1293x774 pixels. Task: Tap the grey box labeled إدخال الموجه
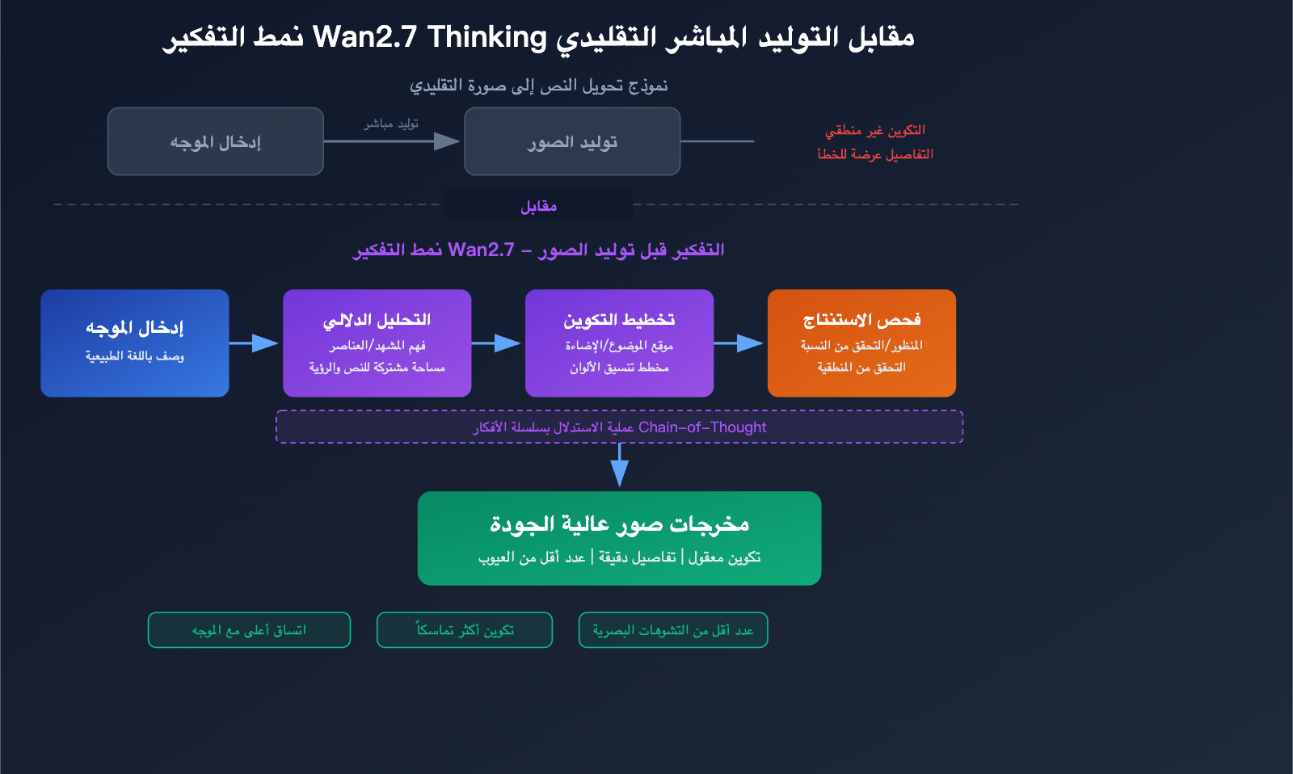click(x=216, y=141)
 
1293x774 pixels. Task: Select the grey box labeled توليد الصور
click(x=572, y=141)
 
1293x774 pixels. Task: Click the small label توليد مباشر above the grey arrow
click(x=391, y=124)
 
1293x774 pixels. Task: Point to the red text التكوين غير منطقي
click(x=874, y=130)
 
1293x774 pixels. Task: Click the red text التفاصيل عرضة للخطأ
click(x=874, y=154)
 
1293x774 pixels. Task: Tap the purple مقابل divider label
click(x=538, y=206)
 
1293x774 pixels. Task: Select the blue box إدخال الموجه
click(x=135, y=343)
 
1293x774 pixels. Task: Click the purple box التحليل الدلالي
click(x=377, y=343)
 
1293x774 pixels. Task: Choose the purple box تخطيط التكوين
click(x=619, y=343)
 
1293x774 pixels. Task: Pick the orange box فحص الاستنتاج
click(x=861, y=343)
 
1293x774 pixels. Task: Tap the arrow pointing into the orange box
click(x=739, y=343)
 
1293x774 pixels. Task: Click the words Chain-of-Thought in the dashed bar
click(x=701, y=427)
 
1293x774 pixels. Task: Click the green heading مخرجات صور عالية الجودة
click(x=619, y=524)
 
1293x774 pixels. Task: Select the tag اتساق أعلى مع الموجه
click(x=249, y=630)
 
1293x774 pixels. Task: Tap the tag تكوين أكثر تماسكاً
click(x=465, y=630)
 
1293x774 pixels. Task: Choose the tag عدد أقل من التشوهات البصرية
click(x=673, y=630)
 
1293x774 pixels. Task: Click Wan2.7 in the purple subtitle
click(x=481, y=250)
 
